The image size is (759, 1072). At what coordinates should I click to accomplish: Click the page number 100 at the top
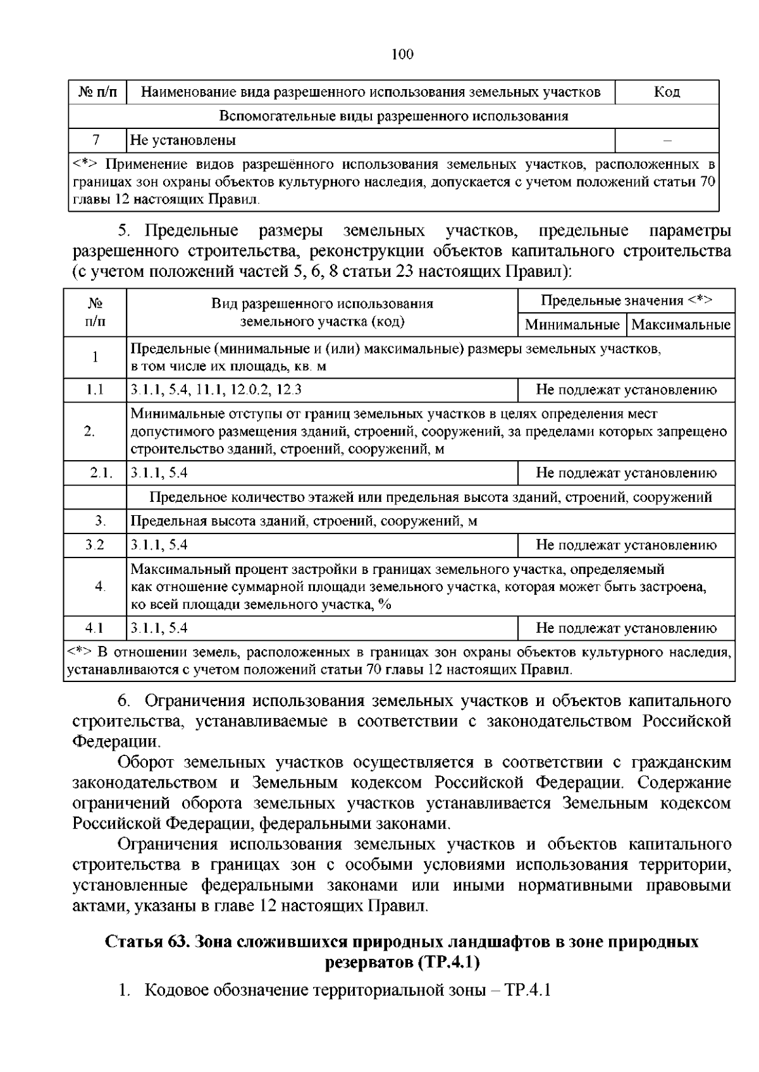[x=402, y=54]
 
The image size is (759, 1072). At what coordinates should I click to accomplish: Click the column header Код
[x=667, y=92]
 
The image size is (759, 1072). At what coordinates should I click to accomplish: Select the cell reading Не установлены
[x=183, y=140]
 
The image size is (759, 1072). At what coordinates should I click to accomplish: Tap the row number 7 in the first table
[x=97, y=140]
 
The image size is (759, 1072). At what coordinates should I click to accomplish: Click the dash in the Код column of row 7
[x=667, y=141]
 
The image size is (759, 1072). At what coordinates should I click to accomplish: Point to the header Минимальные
[x=572, y=326]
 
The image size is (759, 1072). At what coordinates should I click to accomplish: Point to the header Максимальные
[x=681, y=326]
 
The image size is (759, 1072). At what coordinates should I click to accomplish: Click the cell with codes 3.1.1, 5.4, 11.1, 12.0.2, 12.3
[x=216, y=390]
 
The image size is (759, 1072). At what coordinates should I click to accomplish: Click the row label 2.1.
[x=100, y=473]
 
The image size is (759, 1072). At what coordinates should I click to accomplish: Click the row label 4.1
[x=95, y=628]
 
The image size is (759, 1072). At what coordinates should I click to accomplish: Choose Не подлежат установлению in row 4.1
[x=626, y=628]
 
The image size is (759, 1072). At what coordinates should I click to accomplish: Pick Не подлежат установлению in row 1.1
[x=626, y=390]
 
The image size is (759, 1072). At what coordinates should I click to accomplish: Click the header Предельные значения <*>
[x=626, y=301]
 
